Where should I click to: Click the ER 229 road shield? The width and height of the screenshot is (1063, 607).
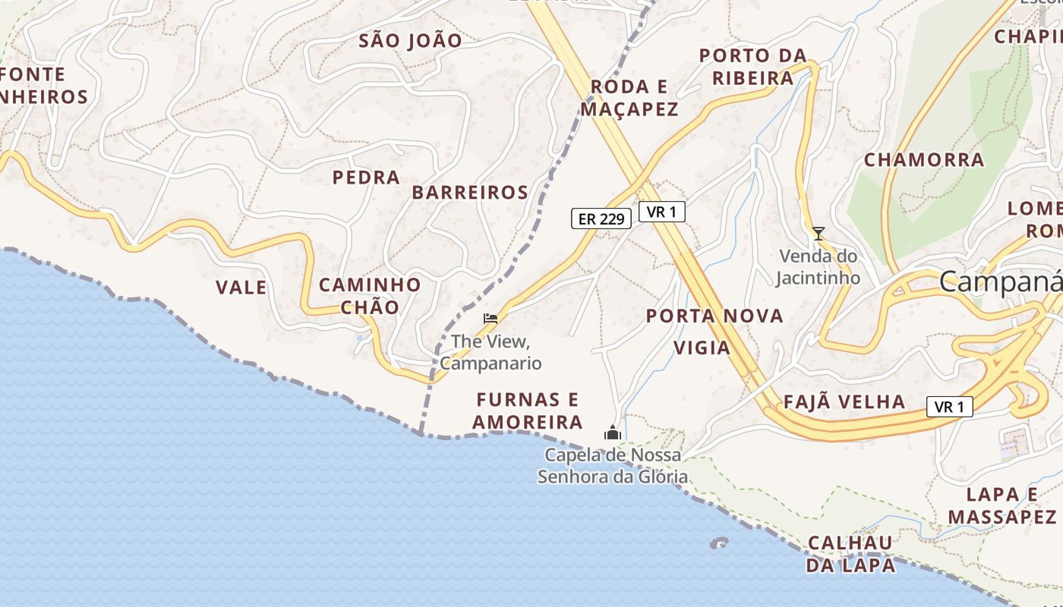(601, 219)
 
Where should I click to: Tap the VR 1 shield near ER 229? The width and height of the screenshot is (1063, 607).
(661, 212)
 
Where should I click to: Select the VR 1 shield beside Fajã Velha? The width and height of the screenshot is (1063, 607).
(949, 407)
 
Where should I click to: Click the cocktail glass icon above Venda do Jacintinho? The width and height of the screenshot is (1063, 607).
(818, 234)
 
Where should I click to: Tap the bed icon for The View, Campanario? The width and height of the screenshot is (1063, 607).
(490, 318)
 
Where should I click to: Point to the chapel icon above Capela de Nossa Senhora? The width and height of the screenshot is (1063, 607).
(612, 433)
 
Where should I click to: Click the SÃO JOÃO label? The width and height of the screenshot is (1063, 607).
(410, 41)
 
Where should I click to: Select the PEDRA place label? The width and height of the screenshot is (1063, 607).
(366, 178)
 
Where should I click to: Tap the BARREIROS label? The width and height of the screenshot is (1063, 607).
(470, 193)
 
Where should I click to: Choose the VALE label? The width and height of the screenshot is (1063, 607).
(241, 288)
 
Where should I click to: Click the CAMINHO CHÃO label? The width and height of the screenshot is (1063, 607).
(370, 296)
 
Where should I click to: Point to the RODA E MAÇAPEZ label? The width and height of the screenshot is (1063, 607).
(629, 98)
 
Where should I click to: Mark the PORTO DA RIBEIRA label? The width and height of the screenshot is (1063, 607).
(752, 67)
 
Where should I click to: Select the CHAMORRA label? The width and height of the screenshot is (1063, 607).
(924, 160)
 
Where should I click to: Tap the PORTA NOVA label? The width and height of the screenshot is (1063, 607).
(714, 316)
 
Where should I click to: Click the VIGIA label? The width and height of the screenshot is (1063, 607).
(702, 348)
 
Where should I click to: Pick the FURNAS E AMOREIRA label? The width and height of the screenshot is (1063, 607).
(528, 410)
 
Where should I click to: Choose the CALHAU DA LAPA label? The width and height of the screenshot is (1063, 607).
(850, 554)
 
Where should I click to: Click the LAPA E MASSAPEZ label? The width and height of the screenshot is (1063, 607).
(1002, 506)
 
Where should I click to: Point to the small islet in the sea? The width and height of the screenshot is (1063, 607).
(718, 543)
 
